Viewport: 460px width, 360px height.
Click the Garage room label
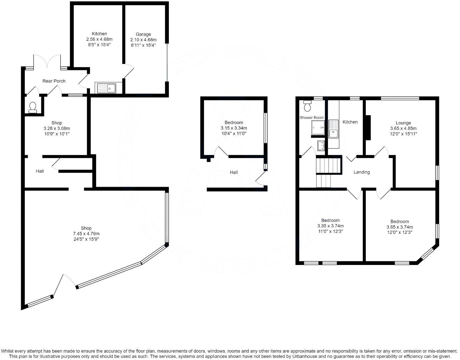tap(143, 34)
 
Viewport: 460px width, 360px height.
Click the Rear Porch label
tap(54, 81)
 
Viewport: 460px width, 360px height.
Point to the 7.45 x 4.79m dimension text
tap(86, 234)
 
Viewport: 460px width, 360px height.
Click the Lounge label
tap(403, 123)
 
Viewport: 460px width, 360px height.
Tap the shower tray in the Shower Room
tap(318, 127)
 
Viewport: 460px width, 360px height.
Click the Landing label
tap(362, 172)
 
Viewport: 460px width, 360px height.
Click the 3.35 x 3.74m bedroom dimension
tap(330, 226)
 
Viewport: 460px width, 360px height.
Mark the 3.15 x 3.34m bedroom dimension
tap(234, 128)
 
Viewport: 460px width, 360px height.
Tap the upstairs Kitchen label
tap(350, 122)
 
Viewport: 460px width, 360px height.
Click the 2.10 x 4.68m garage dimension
tap(143, 40)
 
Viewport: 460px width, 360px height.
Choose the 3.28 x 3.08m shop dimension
tap(57, 128)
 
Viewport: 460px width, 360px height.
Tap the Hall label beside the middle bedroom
tap(234, 172)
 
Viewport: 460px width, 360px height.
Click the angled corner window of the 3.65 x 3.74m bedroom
tap(427, 252)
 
